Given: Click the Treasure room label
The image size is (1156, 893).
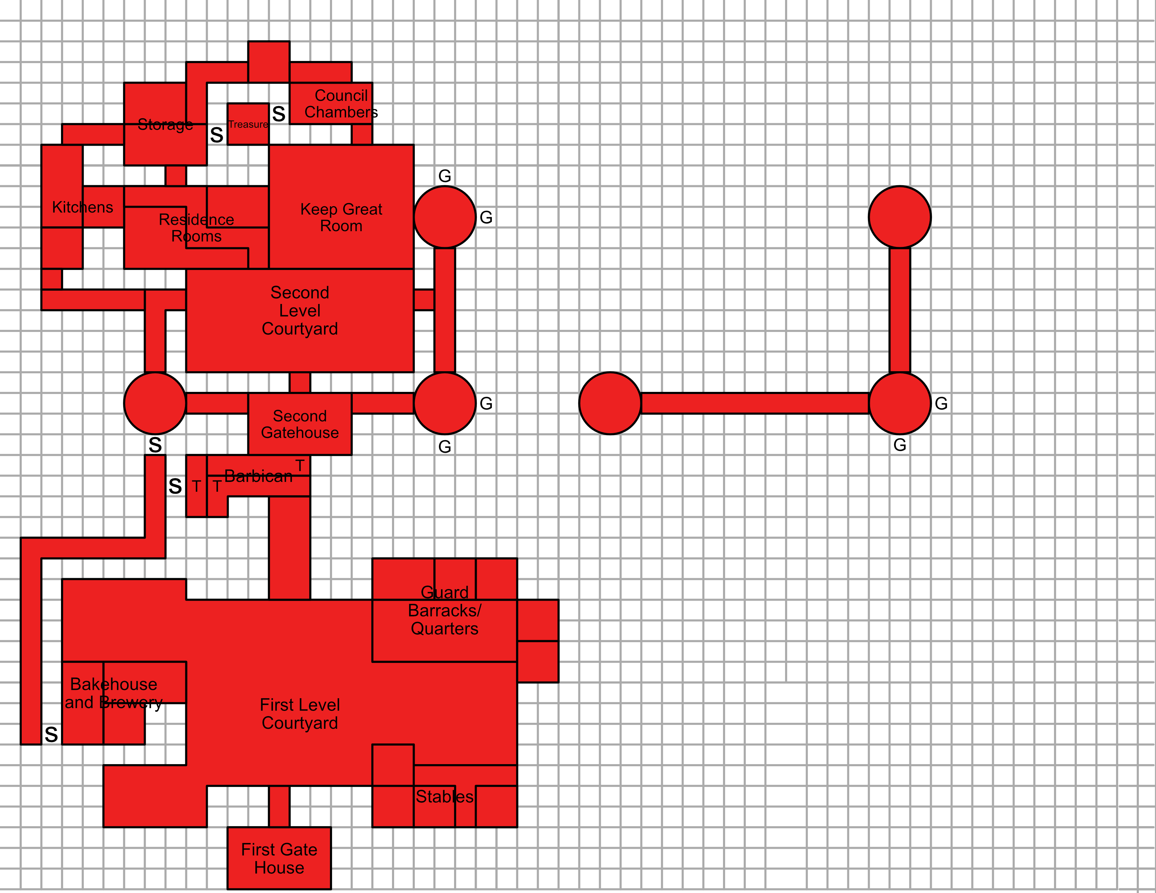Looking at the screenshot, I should [x=248, y=124].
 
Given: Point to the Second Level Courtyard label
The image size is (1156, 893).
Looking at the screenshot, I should [x=300, y=311].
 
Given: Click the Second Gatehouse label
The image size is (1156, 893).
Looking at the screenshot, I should [x=300, y=424].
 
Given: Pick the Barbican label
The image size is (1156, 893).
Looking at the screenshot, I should [x=258, y=476].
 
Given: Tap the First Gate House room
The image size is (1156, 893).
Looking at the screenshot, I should [x=279, y=858].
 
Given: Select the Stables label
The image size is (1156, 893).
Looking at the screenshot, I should [x=444, y=797].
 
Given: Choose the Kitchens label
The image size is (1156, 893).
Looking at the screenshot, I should [x=83, y=207].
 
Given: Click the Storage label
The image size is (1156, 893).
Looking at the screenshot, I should [x=165, y=124].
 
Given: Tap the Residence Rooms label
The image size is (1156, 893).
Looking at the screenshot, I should [x=197, y=228].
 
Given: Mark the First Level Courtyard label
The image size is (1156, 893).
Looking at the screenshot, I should [x=300, y=714].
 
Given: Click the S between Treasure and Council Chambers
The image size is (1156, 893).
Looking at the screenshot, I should [x=279, y=114].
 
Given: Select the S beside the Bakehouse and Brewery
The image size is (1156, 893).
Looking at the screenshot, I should [x=51, y=734].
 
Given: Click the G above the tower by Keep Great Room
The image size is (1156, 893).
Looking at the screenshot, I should [x=445, y=176].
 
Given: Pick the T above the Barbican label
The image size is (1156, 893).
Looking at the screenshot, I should [x=300, y=465].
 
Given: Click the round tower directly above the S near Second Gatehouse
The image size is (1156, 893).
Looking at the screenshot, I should [x=155, y=403].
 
